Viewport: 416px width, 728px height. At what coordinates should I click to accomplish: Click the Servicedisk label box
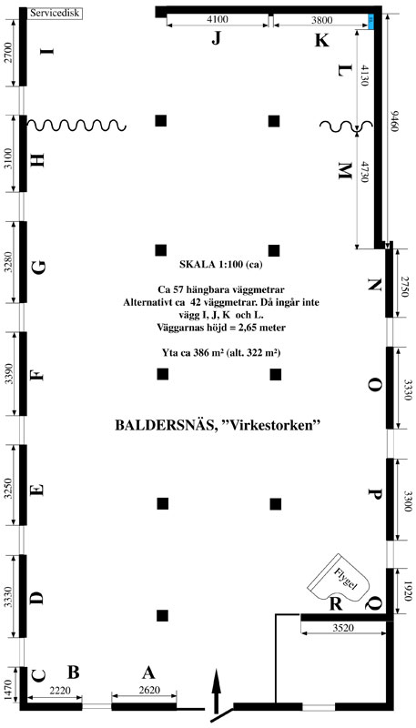coord(56,13)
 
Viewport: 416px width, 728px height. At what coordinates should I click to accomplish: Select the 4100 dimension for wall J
coord(218,19)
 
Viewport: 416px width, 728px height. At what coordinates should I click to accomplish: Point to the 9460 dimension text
coord(394,121)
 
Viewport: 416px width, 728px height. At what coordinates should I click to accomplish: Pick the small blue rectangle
coord(371,21)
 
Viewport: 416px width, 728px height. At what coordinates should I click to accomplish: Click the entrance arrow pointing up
coord(216,691)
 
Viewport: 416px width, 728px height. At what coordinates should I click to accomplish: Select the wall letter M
coord(344,172)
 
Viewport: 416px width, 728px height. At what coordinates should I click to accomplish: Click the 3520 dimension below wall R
coord(344,628)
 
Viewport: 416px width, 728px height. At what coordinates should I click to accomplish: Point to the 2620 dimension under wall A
coord(149,690)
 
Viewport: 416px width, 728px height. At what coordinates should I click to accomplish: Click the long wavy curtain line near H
coord(76,125)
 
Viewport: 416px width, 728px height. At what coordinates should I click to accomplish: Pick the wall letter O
coord(375,385)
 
